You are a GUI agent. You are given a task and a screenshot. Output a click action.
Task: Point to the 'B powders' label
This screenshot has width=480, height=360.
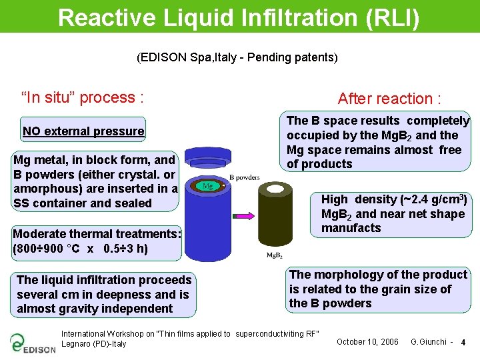click(x=244, y=177)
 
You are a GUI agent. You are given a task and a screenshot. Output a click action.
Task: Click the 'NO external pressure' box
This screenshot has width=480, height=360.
click(x=83, y=131)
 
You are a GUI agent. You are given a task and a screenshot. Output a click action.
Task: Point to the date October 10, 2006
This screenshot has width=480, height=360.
click(x=367, y=342)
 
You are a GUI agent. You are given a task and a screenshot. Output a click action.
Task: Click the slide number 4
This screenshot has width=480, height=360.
click(x=463, y=343)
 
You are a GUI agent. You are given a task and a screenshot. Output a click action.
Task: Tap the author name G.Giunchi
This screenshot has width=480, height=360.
click(x=429, y=342)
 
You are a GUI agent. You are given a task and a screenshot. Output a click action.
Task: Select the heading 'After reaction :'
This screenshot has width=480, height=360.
click(x=389, y=99)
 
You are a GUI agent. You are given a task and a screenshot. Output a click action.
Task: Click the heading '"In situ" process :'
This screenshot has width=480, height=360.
click(x=83, y=98)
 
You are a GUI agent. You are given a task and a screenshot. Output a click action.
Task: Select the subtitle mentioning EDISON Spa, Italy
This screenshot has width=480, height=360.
click(x=237, y=57)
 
